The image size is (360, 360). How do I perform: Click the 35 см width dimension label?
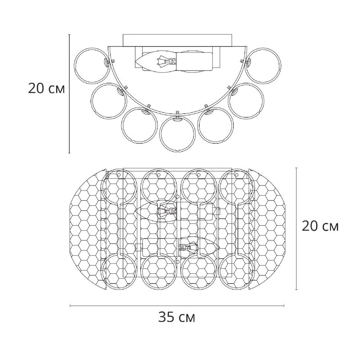point(177,318)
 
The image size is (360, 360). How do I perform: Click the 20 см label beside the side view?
point(46,88)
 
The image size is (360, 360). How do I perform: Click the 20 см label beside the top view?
point(320,226)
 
